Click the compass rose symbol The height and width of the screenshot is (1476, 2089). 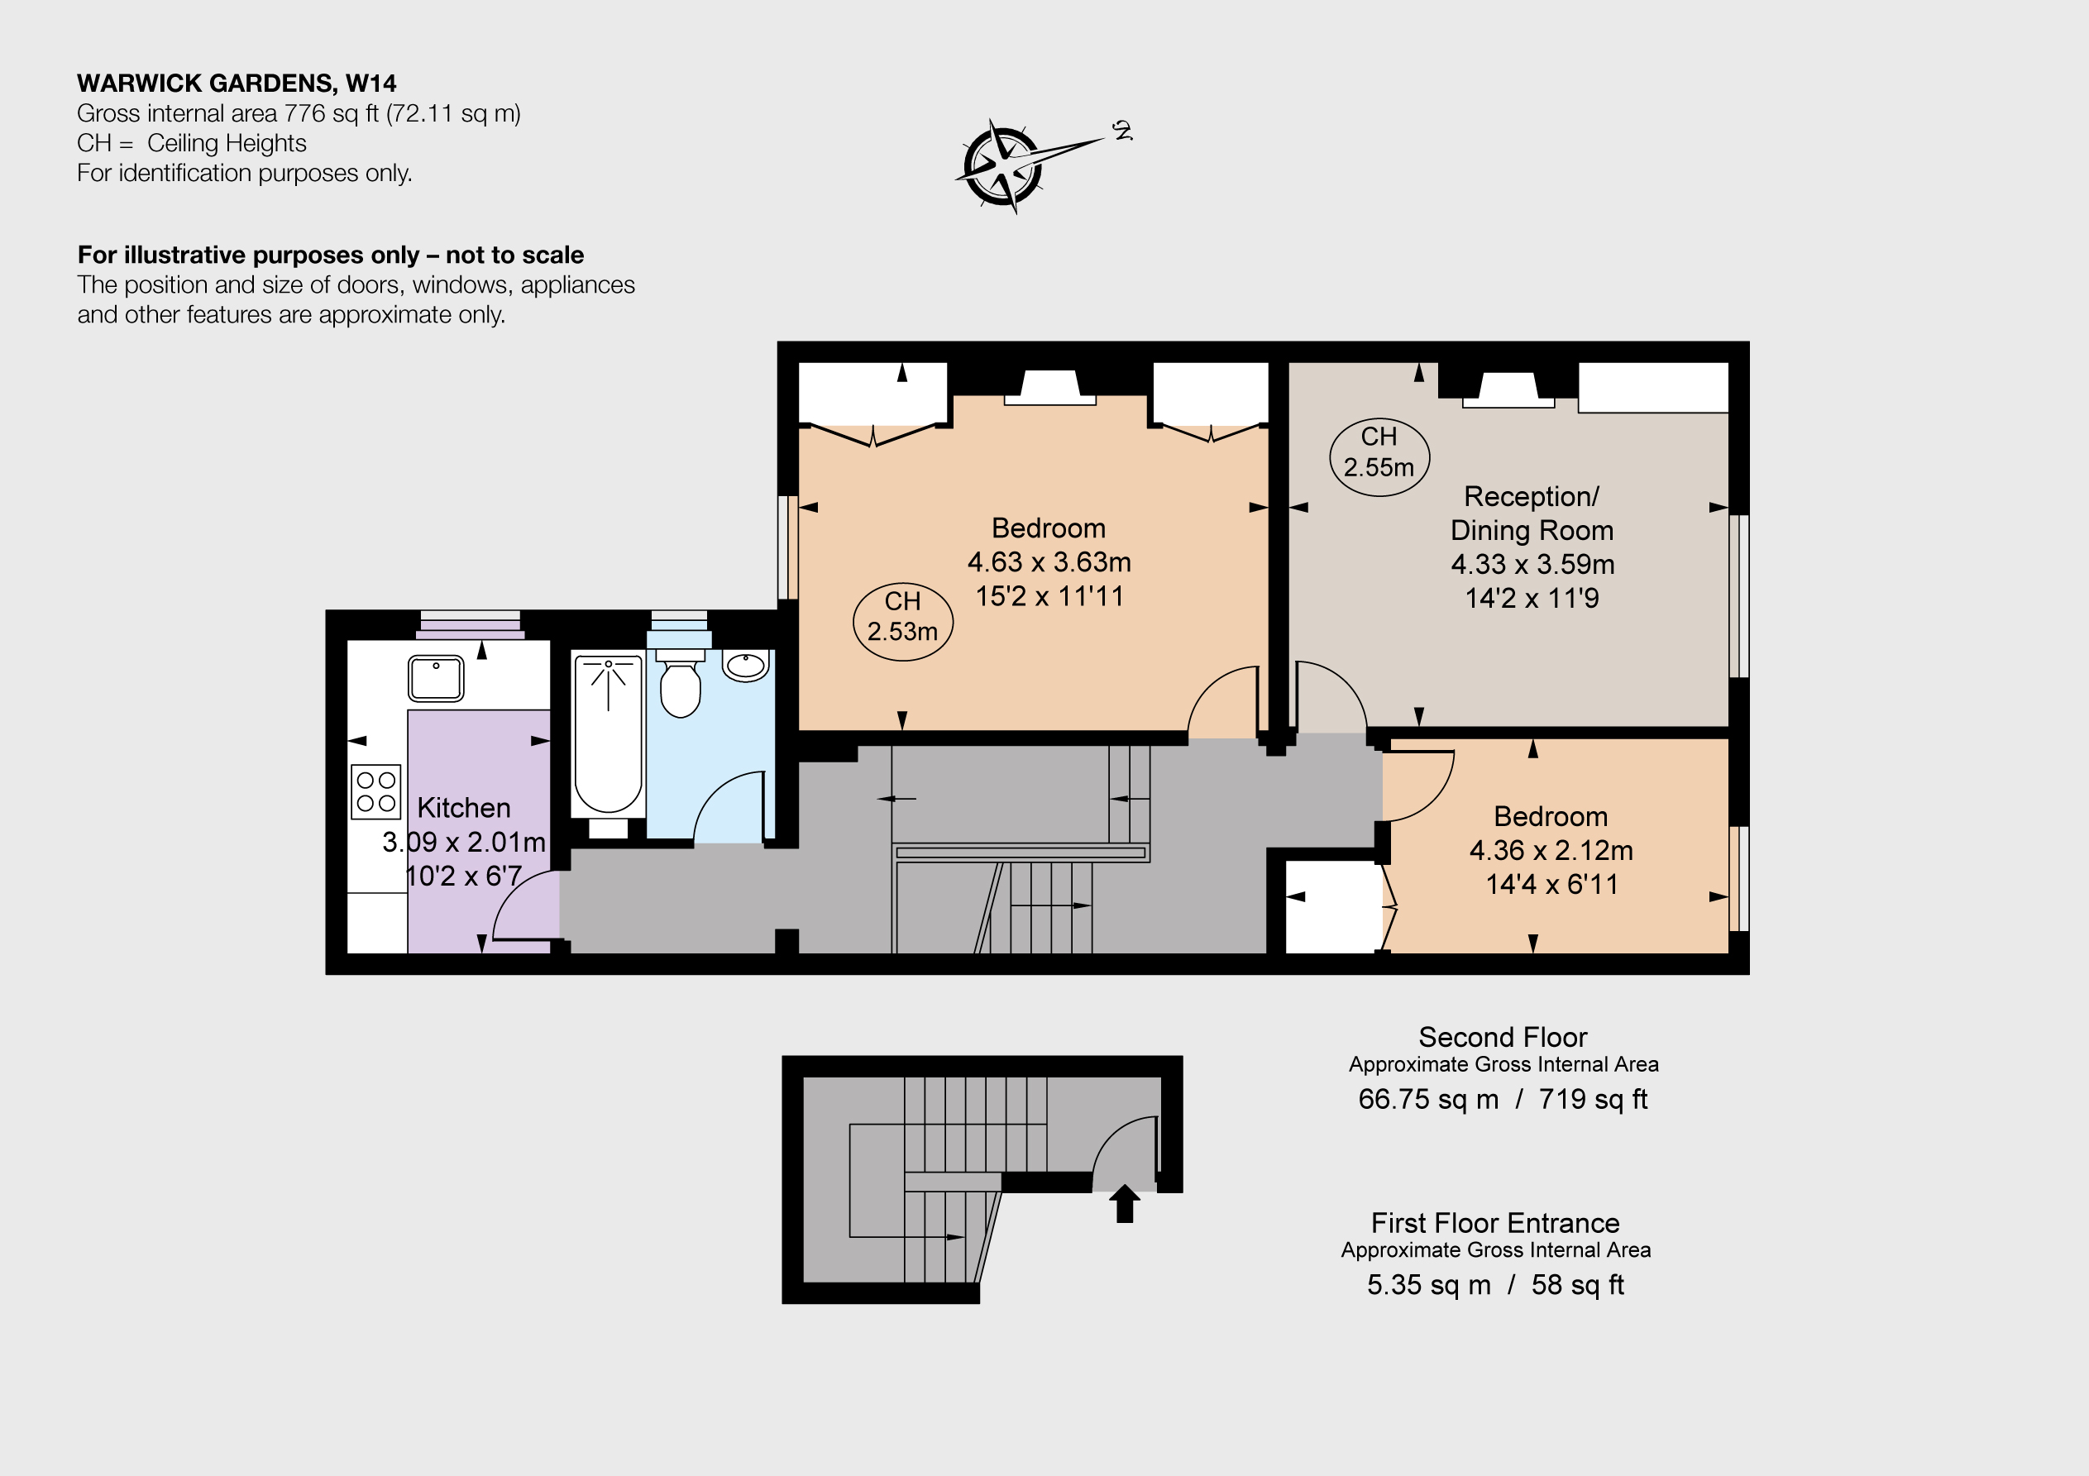pyautogui.click(x=1002, y=166)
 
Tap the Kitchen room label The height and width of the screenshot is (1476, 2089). pyautogui.click(x=463, y=808)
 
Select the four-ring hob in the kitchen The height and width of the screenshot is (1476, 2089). pyautogui.click(x=375, y=791)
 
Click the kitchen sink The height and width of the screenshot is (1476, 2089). pyautogui.click(x=436, y=678)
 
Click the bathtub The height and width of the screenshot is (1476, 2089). pyautogui.click(x=608, y=733)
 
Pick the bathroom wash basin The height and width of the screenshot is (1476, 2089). pyautogui.click(x=746, y=665)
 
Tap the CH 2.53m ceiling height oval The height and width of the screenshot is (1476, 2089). pyautogui.click(x=902, y=621)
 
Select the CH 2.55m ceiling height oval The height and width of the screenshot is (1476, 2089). pyautogui.click(x=1379, y=456)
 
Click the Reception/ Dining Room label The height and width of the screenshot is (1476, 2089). pyautogui.click(x=1532, y=513)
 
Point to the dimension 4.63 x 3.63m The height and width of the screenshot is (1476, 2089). pyautogui.click(x=1049, y=562)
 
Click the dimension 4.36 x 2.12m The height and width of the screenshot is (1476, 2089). pyautogui.click(x=1551, y=851)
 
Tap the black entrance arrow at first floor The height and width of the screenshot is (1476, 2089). pyautogui.click(x=1125, y=1203)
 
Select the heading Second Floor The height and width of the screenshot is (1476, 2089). pyautogui.click(x=1503, y=1038)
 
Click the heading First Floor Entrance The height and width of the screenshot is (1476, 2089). pyautogui.click(x=1496, y=1223)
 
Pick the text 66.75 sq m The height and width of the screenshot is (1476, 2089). pyautogui.click(x=1428, y=1099)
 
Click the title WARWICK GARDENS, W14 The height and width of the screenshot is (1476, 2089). pyautogui.click(x=237, y=84)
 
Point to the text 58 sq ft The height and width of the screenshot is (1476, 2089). pyautogui.click(x=1578, y=1285)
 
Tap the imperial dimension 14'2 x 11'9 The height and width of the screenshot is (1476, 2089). pyautogui.click(x=1532, y=598)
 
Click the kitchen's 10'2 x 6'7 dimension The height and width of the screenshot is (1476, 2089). pyautogui.click(x=463, y=877)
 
